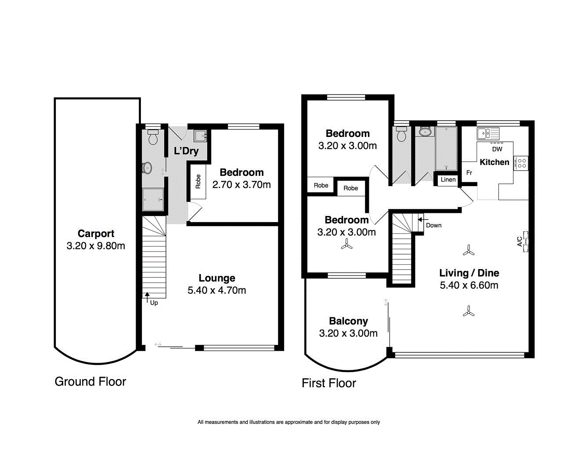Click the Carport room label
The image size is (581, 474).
pos(96,233)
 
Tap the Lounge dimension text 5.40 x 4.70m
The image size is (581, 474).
pos(217,290)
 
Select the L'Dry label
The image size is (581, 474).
pos(186,151)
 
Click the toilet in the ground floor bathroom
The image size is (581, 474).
pos(153,138)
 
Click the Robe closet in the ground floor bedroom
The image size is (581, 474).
pos(198,181)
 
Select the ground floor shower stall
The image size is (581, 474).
pos(153,200)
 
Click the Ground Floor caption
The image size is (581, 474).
pos(90,381)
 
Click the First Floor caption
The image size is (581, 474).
pos(328,383)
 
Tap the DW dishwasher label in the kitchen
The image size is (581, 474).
pos(497,149)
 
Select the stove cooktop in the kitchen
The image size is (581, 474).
pos(522,164)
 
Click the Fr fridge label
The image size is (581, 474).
pos(469,172)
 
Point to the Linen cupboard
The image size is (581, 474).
pos(448,180)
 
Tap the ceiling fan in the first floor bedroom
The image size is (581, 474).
pos(347,245)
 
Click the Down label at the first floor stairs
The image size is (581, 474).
pos(433,225)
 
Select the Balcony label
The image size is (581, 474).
pos(348,321)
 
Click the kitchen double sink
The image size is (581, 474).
pos(488,133)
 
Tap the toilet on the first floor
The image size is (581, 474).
pos(401,135)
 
